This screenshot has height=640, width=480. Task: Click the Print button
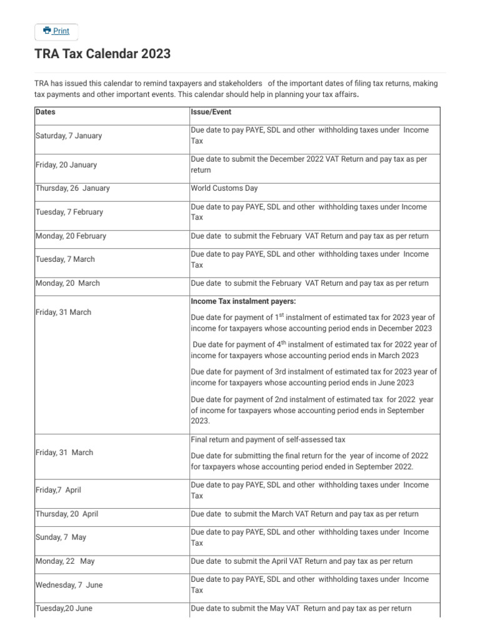(56, 31)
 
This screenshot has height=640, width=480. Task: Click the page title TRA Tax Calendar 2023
(102, 54)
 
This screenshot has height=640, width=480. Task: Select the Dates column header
(46, 112)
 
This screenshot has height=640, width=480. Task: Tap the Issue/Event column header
(211, 112)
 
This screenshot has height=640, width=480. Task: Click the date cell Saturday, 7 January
(69, 136)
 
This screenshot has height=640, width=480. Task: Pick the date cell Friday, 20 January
(66, 165)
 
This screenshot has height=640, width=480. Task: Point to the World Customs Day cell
(224, 188)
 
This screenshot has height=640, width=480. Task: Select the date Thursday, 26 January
(72, 188)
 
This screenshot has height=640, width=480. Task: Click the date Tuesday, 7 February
(69, 212)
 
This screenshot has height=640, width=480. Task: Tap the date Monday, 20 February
(71, 236)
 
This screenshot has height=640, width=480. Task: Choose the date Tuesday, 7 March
(65, 259)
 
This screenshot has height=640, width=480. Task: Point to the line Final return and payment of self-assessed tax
(267, 440)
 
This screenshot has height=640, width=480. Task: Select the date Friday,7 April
(58, 490)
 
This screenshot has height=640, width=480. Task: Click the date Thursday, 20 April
(67, 514)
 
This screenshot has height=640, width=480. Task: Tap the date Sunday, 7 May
(61, 537)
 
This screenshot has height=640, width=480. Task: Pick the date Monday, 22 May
(65, 561)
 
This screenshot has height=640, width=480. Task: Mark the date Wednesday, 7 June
(69, 585)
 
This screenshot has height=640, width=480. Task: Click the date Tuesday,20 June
(64, 608)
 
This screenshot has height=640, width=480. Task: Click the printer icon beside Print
(47, 31)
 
